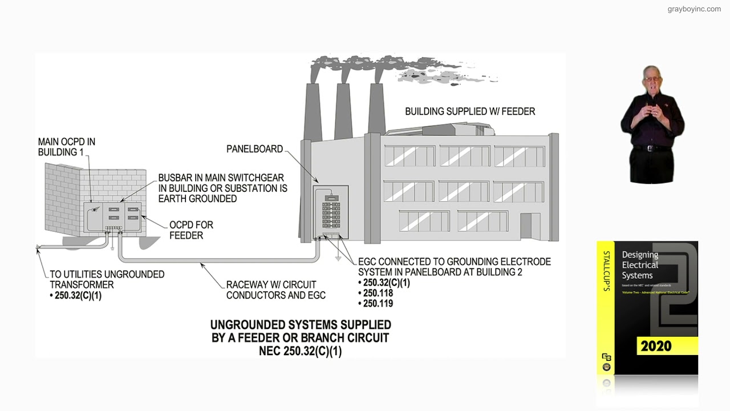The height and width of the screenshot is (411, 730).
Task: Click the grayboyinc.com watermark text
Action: click(x=694, y=9)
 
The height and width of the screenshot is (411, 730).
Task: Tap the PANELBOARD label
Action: click(x=254, y=149)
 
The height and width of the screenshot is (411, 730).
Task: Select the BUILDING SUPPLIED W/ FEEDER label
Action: click(x=470, y=111)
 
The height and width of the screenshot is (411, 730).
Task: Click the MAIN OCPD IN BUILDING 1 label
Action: click(x=66, y=147)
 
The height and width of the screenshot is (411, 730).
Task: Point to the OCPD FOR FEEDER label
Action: click(x=190, y=230)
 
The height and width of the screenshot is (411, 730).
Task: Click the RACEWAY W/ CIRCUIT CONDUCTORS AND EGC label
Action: click(x=275, y=289)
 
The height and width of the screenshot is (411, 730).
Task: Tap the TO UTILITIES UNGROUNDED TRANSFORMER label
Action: click(x=107, y=280)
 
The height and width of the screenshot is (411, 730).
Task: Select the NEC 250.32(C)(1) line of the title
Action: click(x=301, y=352)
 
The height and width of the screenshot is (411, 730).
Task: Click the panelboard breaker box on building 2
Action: click(x=331, y=212)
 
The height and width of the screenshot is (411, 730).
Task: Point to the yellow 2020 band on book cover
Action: click(x=656, y=346)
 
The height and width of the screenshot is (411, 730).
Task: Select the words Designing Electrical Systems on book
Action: click(x=640, y=265)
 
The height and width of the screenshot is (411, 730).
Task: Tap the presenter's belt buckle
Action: click(x=652, y=148)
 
